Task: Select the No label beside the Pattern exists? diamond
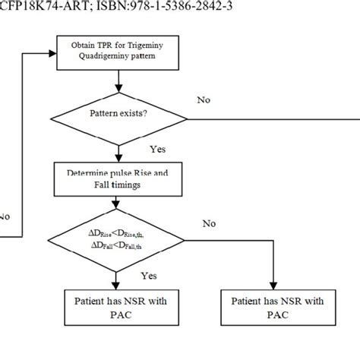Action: coord(203,99)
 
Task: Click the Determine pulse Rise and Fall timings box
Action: coord(114,178)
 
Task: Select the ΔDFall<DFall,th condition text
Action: coord(114,245)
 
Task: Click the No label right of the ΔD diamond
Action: coord(210,223)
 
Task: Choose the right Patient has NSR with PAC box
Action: coord(273,307)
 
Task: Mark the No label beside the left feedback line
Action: coord(5,216)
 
